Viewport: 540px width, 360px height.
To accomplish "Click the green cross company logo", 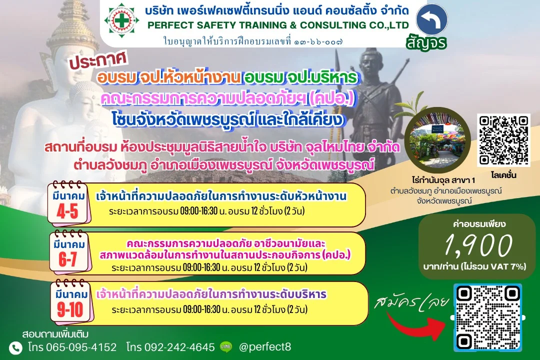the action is [x=121, y=20].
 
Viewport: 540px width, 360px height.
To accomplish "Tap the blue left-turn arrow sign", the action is [x=431, y=19].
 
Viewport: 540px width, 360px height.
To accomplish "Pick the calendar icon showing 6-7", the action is [x=70, y=252].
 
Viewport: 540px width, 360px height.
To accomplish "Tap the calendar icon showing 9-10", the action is [x=71, y=302].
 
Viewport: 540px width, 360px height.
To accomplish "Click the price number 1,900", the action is [x=478, y=245].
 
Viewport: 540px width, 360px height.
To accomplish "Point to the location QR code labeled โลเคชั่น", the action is [x=503, y=140].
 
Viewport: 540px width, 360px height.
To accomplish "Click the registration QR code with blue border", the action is [x=487, y=317].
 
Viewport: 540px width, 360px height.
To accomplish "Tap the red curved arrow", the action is [x=416, y=326].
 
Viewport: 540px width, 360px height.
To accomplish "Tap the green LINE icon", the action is [x=226, y=346].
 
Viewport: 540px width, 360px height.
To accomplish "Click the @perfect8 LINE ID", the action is [x=265, y=346].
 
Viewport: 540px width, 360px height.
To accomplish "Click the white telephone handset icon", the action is [x=15, y=348].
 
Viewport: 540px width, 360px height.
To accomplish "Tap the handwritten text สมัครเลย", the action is [x=411, y=302].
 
